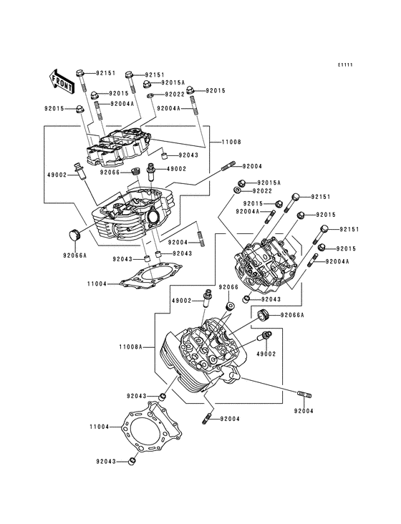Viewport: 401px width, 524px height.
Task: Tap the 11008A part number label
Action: [132, 346]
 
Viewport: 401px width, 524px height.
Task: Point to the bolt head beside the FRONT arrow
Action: [82, 73]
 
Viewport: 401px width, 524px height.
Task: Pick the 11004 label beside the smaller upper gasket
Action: [98, 283]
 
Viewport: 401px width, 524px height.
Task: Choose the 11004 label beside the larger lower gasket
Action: [98, 427]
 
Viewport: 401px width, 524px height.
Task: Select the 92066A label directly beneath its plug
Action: [74, 256]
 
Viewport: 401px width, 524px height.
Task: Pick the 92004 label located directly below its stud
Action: [304, 411]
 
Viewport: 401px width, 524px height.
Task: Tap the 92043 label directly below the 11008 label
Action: [188, 155]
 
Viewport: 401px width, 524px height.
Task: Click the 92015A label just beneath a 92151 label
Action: [172, 83]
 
